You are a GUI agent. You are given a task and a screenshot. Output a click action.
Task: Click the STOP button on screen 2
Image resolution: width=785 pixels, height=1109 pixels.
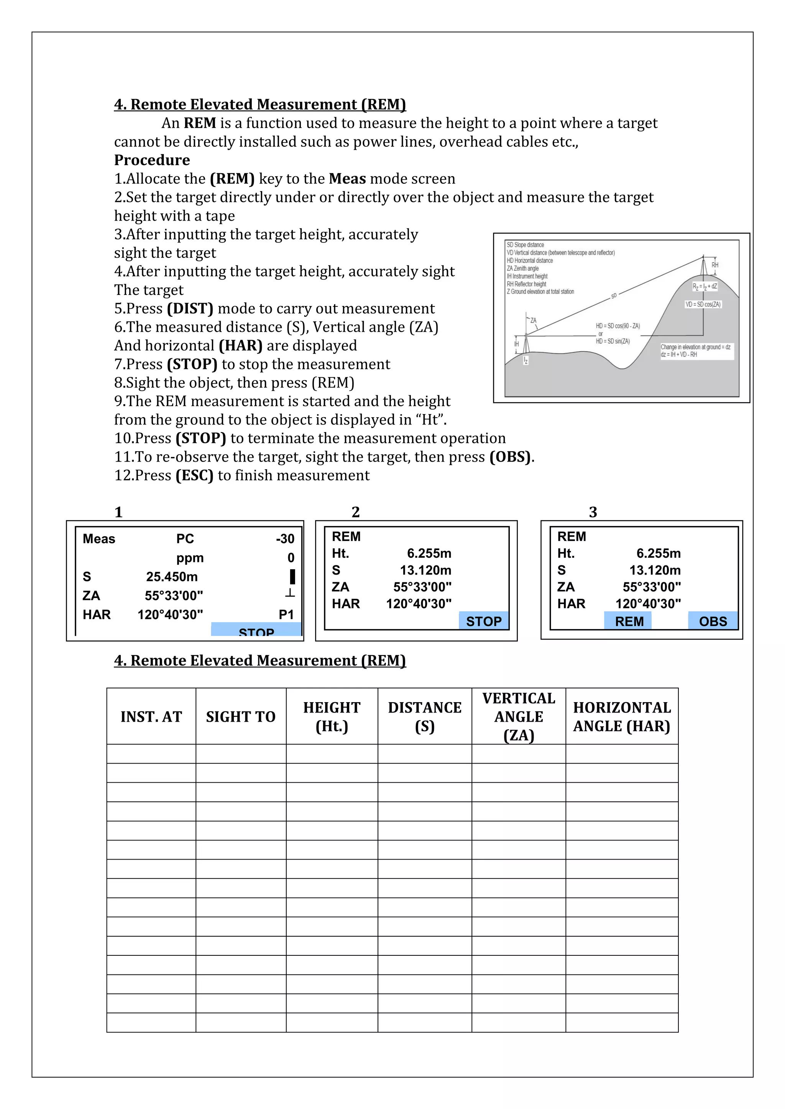click(483, 621)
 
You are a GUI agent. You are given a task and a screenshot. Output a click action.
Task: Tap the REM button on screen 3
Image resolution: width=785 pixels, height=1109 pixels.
click(629, 621)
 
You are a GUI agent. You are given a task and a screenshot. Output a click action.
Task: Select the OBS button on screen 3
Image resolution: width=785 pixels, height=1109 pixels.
click(713, 621)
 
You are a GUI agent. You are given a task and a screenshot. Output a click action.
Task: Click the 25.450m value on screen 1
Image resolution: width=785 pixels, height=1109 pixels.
click(172, 577)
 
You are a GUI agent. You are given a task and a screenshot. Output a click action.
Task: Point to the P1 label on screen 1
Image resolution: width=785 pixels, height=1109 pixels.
click(286, 614)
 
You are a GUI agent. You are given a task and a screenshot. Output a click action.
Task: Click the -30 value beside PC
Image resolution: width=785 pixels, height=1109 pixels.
click(285, 539)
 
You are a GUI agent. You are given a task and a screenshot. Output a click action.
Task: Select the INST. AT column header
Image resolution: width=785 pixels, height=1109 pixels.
click(151, 717)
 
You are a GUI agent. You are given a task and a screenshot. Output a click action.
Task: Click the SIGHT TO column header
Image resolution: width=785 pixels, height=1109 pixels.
click(241, 717)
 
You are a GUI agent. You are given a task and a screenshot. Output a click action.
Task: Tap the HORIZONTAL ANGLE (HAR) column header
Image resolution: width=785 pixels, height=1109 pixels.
click(622, 717)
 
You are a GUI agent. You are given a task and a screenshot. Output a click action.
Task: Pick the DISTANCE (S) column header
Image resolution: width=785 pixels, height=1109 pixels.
click(424, 717)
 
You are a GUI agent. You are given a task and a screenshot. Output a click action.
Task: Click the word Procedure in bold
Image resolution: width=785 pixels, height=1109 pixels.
click(152, 160)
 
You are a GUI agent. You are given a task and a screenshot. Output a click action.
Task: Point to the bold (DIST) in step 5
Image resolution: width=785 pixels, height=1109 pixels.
click(190, 309)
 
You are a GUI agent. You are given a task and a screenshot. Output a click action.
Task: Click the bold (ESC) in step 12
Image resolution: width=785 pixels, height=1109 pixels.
click(194, 475)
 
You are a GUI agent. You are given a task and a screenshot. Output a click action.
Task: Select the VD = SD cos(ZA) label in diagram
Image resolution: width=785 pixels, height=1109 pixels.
click(703, 304)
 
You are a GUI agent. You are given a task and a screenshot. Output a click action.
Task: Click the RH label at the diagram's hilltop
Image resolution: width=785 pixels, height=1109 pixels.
click(715, 265)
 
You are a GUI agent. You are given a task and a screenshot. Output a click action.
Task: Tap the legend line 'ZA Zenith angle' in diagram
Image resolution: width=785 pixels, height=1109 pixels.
click(522, 269)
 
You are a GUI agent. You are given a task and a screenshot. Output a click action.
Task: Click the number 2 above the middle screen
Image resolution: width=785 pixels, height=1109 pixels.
click(356, 512)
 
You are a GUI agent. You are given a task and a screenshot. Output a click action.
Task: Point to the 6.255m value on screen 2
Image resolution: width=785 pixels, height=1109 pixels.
click(429, 554)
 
